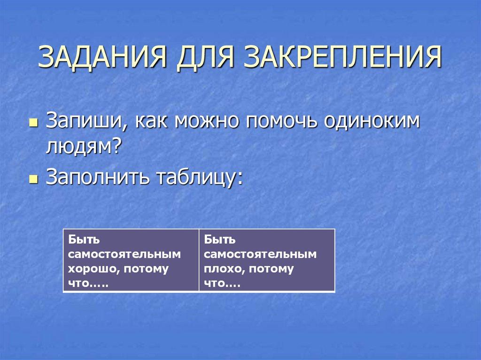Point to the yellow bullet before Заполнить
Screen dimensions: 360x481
(x=32, y=180)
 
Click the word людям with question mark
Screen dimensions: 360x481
(x=84, y=149)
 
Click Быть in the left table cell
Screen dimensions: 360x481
(x=84, y=240)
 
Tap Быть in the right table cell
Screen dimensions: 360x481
(x=219, y=240)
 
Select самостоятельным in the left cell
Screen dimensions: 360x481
(x=124, y=254)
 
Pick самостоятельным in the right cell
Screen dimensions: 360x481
(x=260, y=254)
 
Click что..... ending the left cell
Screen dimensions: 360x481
(x=87, y=284)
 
